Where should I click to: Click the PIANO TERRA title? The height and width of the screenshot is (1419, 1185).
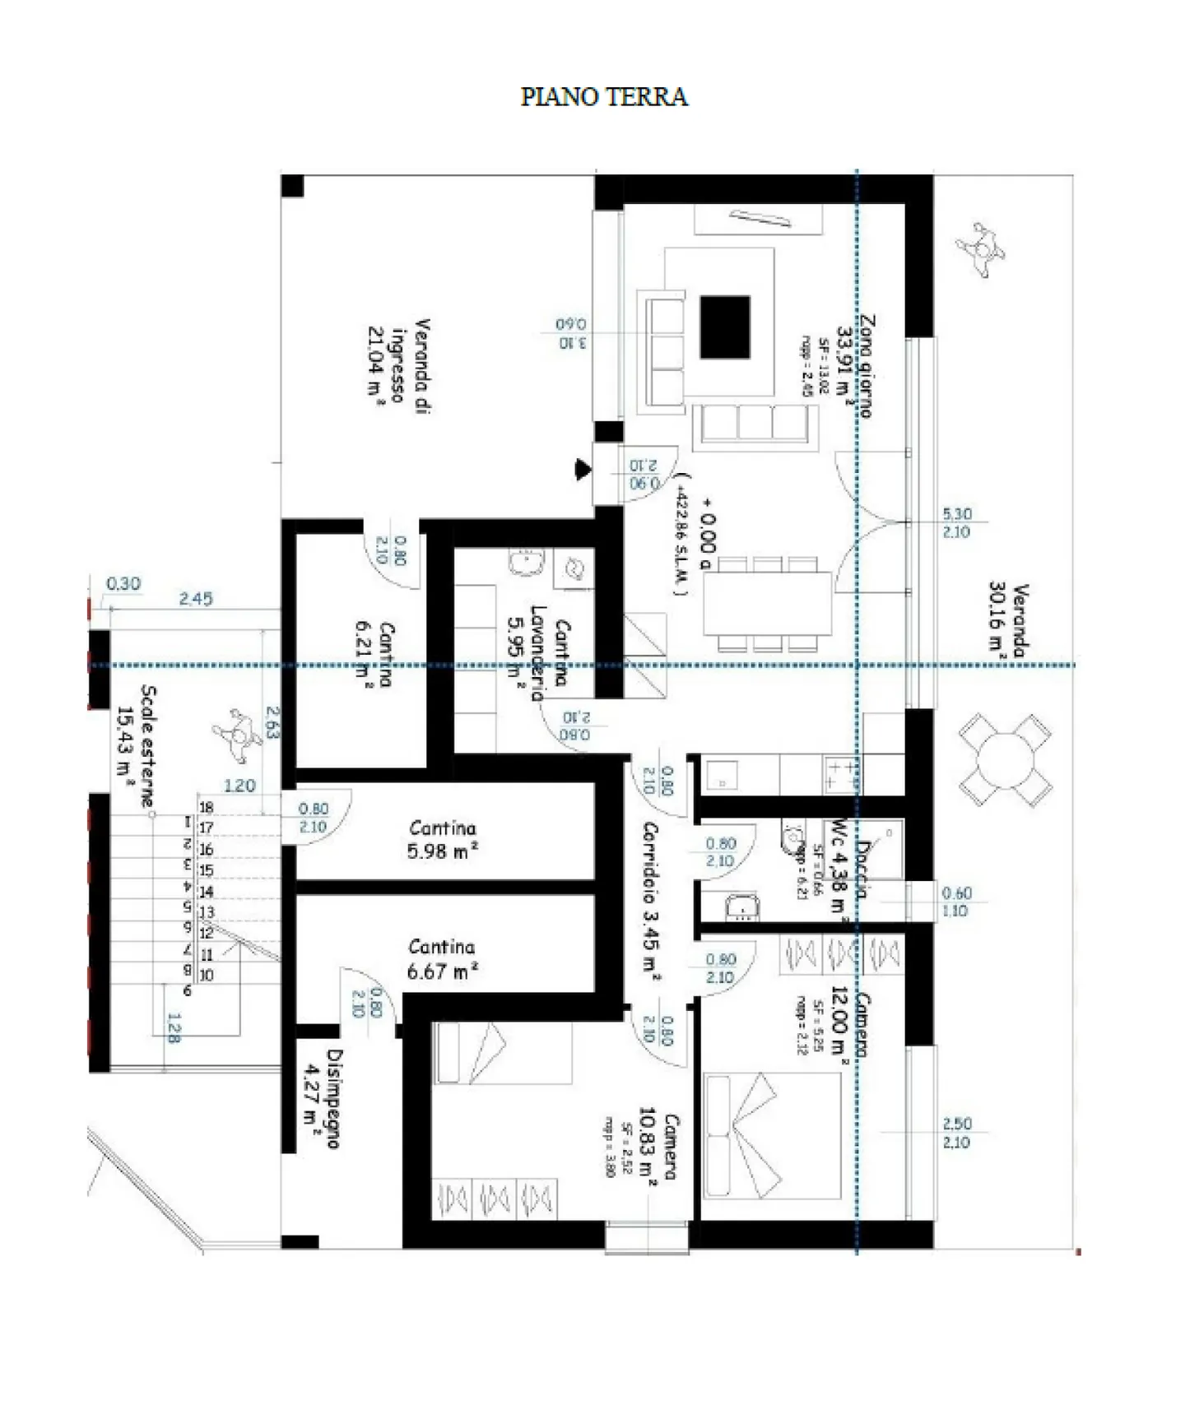tap(603, 97)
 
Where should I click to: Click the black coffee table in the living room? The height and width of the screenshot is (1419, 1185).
tap(725, 327)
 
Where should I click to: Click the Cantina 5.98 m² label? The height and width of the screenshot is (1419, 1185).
tap(443, 840)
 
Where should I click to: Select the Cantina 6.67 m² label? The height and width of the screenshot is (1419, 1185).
tap(443, 959)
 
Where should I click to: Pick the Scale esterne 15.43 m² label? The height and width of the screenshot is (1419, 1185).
tap(137, 744)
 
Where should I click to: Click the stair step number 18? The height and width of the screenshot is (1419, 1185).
tap(206, 808)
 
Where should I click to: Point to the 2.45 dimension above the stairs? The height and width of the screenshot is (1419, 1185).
tap(196, 599)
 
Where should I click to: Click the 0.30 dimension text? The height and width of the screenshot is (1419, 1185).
tap(123, 584)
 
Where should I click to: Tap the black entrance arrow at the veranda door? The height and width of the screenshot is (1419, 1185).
tap(583, 470)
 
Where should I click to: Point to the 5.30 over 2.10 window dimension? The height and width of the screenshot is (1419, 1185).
tap(956, 522)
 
